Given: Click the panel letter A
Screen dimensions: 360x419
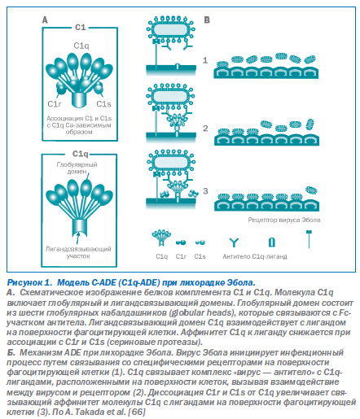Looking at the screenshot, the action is [x=45, y=20].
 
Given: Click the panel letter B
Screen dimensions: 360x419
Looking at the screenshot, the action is [x=207, y=20].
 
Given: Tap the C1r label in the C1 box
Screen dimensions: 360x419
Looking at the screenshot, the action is [x=55, y=104].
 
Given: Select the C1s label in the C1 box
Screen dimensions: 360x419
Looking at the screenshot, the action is [x=103, y=104].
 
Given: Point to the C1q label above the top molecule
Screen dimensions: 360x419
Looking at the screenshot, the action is [x=81, y=46].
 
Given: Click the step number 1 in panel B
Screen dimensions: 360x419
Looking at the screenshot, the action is [x=205, y=60].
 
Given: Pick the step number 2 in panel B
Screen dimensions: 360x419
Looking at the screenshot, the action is [x=205, y=128].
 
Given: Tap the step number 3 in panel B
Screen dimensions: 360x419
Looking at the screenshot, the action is [x=205, y=191].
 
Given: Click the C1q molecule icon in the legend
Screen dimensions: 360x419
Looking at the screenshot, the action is [x=161, y=238].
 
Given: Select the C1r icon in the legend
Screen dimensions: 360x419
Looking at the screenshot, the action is [x=181, y=242].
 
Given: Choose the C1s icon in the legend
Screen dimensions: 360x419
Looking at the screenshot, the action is [x=200, y=242].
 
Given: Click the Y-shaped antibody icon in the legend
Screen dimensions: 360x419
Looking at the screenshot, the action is [x=234, y=242].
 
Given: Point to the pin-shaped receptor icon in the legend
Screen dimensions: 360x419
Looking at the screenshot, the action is [x=309, y=239].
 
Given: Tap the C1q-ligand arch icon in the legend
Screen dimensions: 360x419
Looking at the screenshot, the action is [x=272, y=242].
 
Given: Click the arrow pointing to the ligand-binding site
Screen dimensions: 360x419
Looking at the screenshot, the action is [x=78, y=238].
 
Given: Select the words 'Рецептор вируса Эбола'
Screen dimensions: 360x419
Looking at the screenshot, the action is [x=284, y=220].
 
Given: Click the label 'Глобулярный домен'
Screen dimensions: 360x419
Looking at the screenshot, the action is [x=77, y=168].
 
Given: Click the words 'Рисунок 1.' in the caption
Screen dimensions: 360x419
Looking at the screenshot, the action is [x=29, y=282].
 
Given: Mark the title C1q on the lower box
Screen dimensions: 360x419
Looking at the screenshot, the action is [x=81, y=154].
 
